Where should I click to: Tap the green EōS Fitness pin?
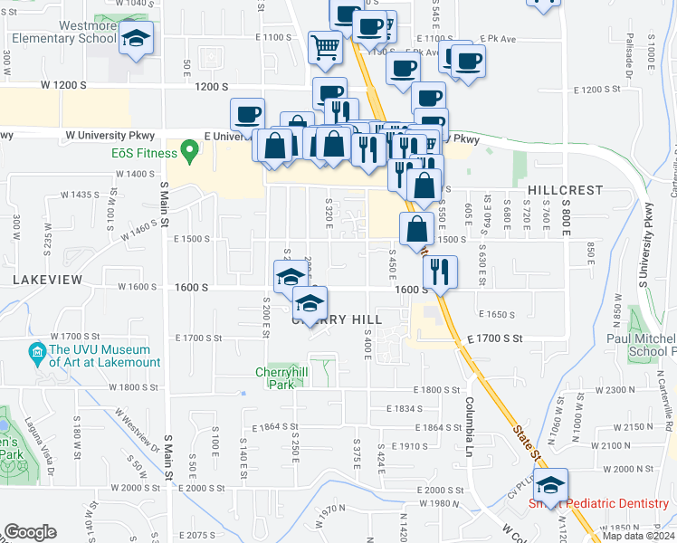[x=189, y=150]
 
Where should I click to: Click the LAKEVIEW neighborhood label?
[x=47, y=281]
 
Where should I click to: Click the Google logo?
[x=30, y=532]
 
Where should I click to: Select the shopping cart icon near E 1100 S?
[x=325, y=46]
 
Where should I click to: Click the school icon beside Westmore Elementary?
[x=137, y=39]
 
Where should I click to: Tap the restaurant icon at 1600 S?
[x=440, y=271]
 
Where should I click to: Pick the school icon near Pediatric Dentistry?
[x=550, y=485]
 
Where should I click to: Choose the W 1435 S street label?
[x=80, y=195]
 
